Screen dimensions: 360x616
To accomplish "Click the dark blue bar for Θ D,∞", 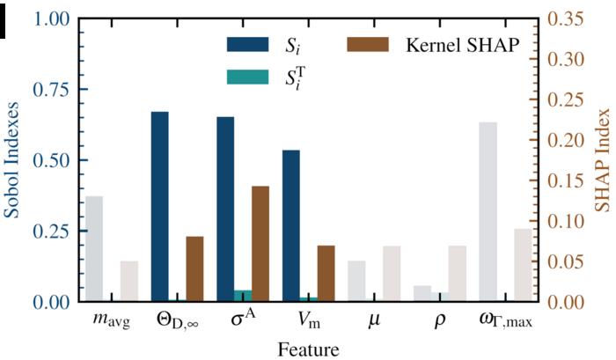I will point(160,207).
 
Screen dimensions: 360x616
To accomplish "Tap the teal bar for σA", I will point(243,296).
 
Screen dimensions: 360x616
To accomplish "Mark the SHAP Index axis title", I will point(602,160).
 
